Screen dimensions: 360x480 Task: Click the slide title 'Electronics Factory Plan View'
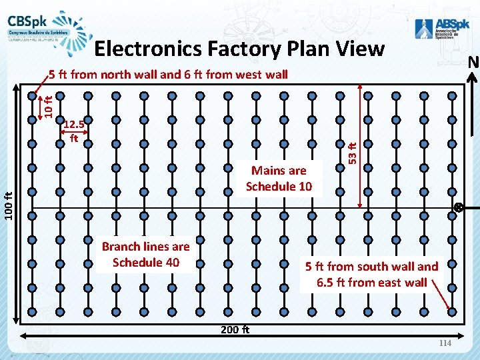(x=239, y=49)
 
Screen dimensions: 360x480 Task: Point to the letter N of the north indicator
(x=473, y=62)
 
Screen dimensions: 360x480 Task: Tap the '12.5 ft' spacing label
(x=74, y=131)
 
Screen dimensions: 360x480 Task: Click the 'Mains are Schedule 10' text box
(x=279, y=178)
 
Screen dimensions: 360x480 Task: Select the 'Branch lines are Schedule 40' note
(x=145, y=254)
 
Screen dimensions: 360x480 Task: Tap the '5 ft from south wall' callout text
(x=371, y=267)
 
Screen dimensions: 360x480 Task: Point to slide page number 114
(x=445, y=343)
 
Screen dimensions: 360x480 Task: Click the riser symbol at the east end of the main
(x=459, y=208)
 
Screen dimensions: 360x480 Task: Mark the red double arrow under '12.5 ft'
(x=74, y=140)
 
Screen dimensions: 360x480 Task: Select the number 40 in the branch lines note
(x=171, y=262)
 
